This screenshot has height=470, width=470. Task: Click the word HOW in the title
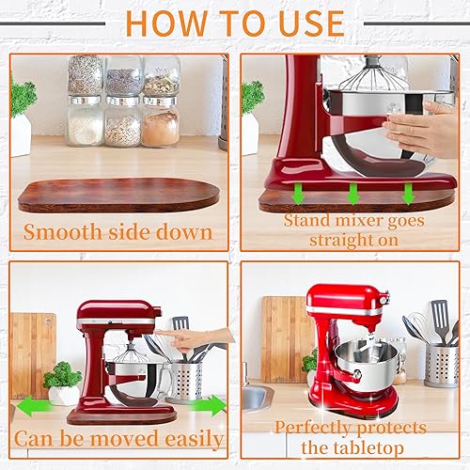coord(166,23)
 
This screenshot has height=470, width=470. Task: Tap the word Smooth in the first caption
coord(63,232)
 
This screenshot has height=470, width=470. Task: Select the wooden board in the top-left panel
coord(118,195)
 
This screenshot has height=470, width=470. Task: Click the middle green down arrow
coord(353,194)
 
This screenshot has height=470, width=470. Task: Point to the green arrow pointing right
coord(209,405)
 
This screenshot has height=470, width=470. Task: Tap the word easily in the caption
coord(194,440)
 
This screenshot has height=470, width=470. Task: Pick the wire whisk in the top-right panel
coord(373,73)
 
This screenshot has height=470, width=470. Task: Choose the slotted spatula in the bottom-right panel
coord(440,320)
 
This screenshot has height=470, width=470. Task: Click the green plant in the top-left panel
coord(23,97)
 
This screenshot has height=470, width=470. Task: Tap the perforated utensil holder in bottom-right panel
coord(442,366)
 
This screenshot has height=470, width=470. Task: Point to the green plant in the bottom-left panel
coord(62,374)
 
